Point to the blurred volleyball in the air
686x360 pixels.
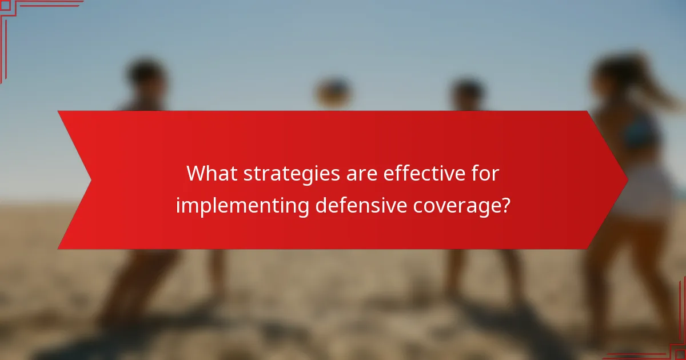click(333, 91)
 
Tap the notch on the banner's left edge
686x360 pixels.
click(90, 180)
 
